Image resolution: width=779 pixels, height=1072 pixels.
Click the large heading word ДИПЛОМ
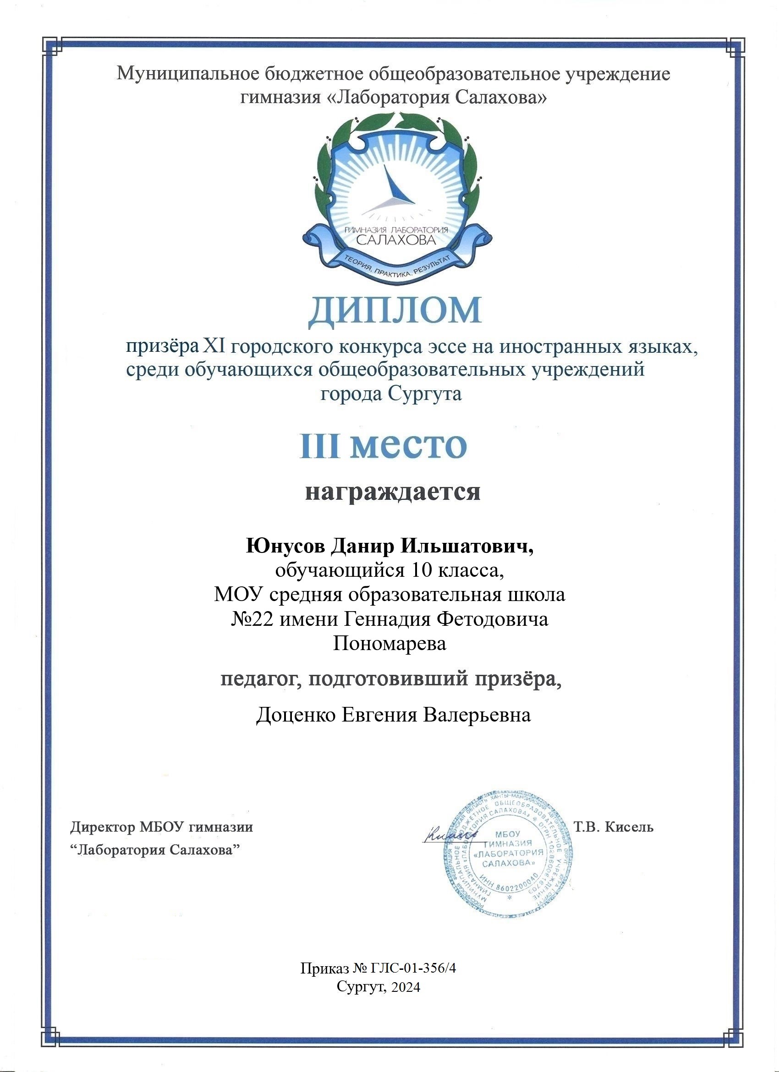pyautogui.click(x=395, y=312)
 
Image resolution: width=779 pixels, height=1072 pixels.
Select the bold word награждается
pyautogui.click(x=392, y=492)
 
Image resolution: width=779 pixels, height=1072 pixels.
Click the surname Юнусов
pyautogui.click(x=285, y=547)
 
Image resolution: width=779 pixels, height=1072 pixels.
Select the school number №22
pyautogui.click(x=252, y=619)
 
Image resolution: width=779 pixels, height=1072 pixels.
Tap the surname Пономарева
pyautogui.click(x=389, y=643)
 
